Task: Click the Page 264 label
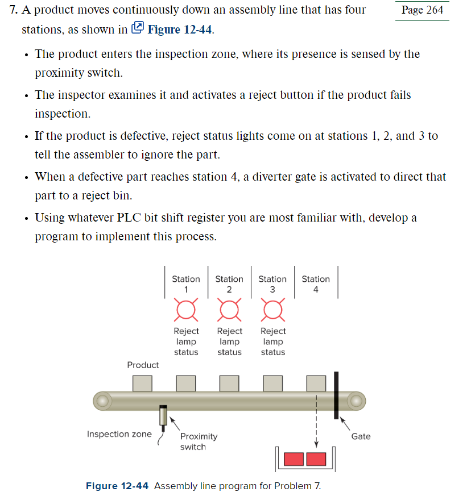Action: click(422, 10)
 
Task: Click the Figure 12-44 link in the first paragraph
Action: click(179, 30)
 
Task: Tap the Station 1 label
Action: click(186, 284)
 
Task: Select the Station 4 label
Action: click(316, 284)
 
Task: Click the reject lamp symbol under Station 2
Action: click(229, 310)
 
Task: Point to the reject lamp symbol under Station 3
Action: click(272, 310)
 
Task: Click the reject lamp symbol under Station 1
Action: click(186, 310)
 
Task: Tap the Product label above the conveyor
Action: click(143, 365)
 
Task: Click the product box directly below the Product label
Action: click(142, 383)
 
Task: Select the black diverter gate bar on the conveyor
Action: click(337, 395)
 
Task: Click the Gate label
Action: click(361, 436)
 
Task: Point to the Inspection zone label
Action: click(119, 434)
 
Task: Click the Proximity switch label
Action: click(199, 441)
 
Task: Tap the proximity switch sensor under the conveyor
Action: click(163, 418)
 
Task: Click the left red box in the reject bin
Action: click(295, 459)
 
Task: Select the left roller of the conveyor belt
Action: click(103, 401)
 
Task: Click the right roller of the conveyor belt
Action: click(356, 401)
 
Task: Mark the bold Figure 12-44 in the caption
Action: click(117, 486)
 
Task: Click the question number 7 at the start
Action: click(15, 10)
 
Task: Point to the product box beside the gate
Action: click(316, 383)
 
